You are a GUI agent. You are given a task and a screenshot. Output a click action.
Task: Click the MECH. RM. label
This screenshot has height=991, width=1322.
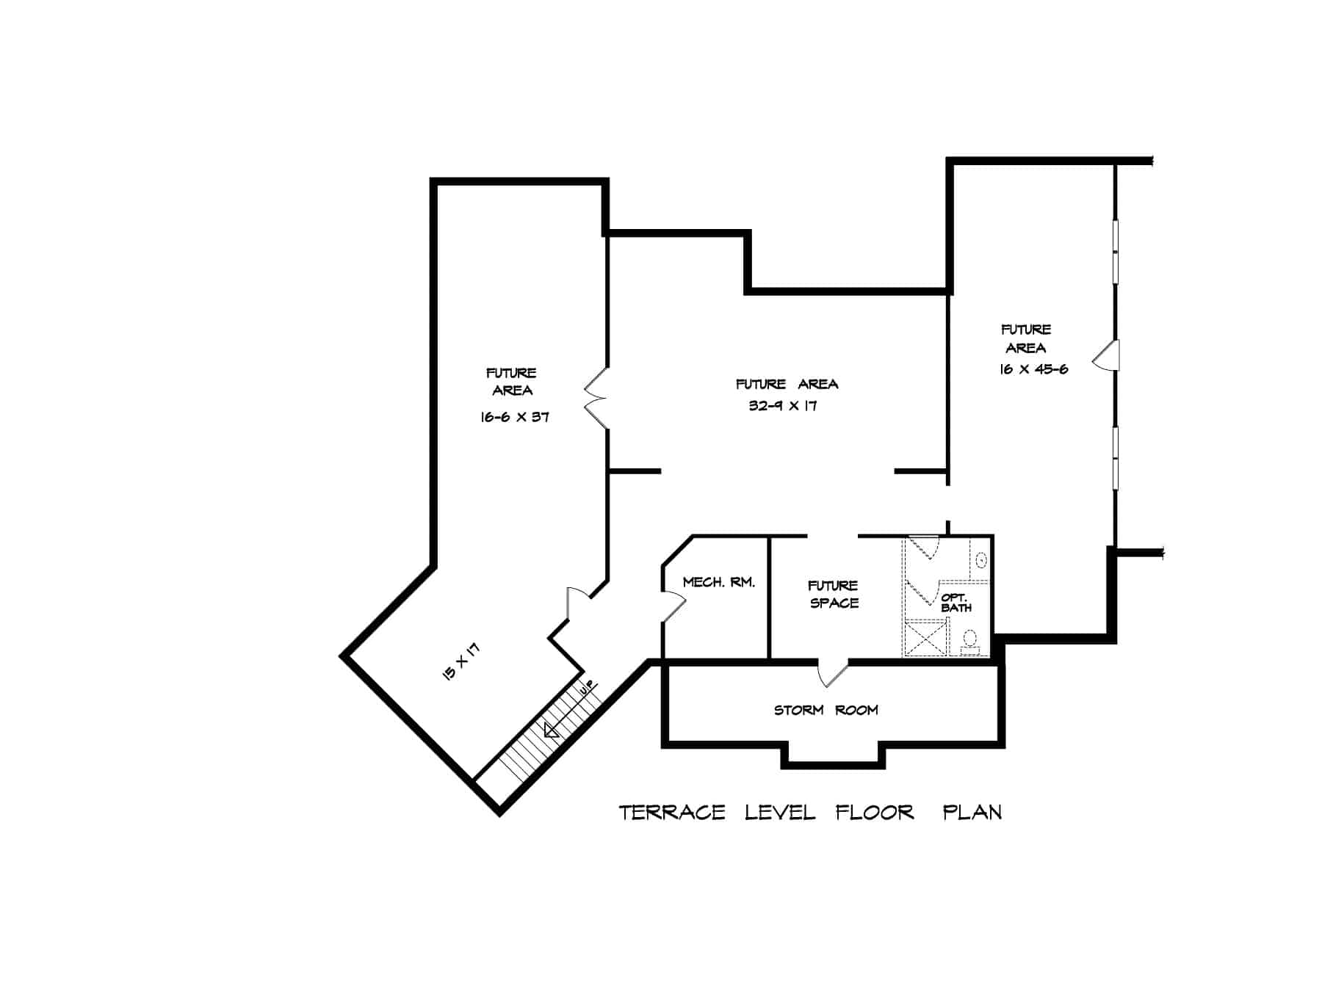[718, 582]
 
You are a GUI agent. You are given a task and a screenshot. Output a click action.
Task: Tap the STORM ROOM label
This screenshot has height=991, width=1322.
[826, 710]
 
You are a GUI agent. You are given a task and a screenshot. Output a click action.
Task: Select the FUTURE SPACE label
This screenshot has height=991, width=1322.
[834, 594]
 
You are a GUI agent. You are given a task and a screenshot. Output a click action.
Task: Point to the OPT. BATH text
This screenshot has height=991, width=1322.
[956, 603]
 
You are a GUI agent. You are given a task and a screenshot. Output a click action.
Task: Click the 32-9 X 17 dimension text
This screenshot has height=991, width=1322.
[783, 405]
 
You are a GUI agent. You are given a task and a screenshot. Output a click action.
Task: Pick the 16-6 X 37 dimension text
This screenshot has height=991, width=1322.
[514, 417]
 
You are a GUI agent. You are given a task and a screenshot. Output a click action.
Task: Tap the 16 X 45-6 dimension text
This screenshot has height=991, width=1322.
[1033, 369]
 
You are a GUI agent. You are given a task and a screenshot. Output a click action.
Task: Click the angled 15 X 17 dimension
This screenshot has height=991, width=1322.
[461, 662]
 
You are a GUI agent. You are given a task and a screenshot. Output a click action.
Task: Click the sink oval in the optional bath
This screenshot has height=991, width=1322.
[980, 561]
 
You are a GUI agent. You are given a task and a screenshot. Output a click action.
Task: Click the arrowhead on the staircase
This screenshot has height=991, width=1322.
[551, 730]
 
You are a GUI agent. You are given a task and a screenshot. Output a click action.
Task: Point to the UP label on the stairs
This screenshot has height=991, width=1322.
[587, 689]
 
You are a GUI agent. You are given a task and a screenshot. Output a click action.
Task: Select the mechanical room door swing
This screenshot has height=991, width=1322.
[673, 606]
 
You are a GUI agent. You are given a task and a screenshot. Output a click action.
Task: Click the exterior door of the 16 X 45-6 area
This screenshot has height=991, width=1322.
[1106, 355]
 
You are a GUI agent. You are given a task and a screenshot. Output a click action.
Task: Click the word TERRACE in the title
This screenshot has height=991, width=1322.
[671, 813]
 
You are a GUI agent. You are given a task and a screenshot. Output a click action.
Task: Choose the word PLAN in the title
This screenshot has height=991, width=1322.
[972, 813]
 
